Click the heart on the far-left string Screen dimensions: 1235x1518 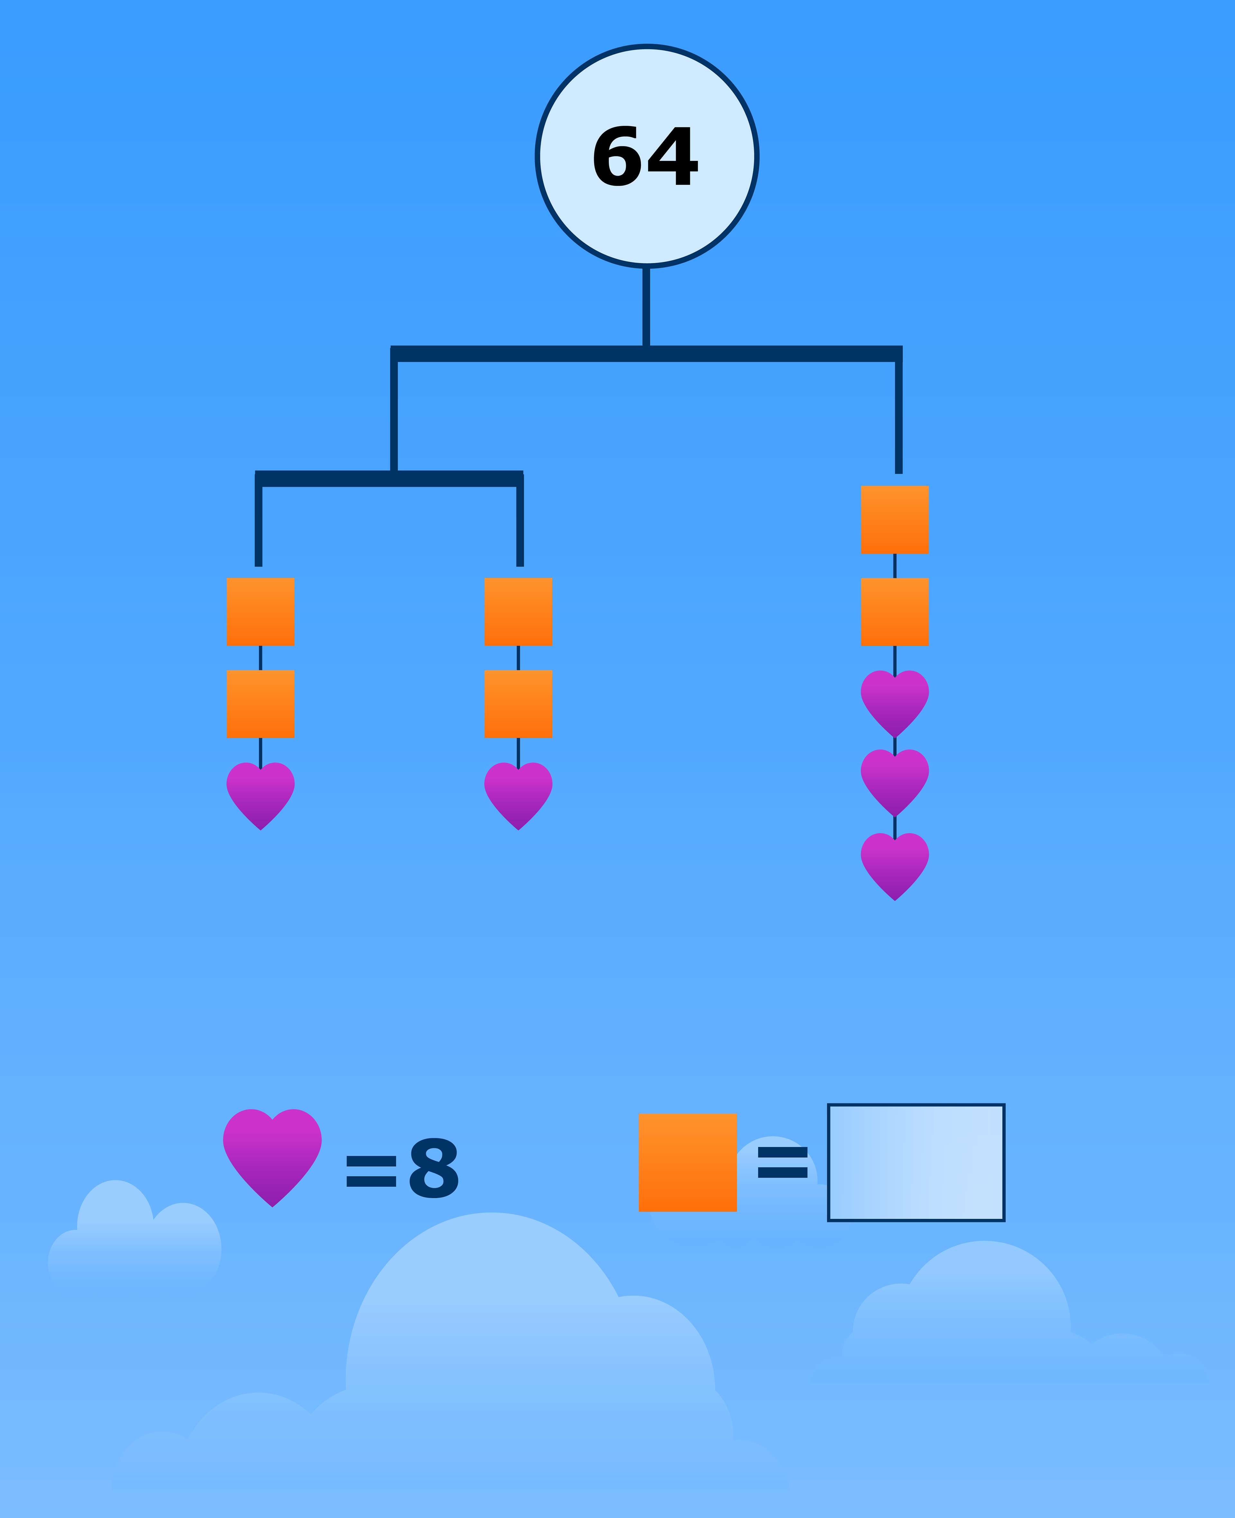[261, 793]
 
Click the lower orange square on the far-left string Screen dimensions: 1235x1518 [261, 704]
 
